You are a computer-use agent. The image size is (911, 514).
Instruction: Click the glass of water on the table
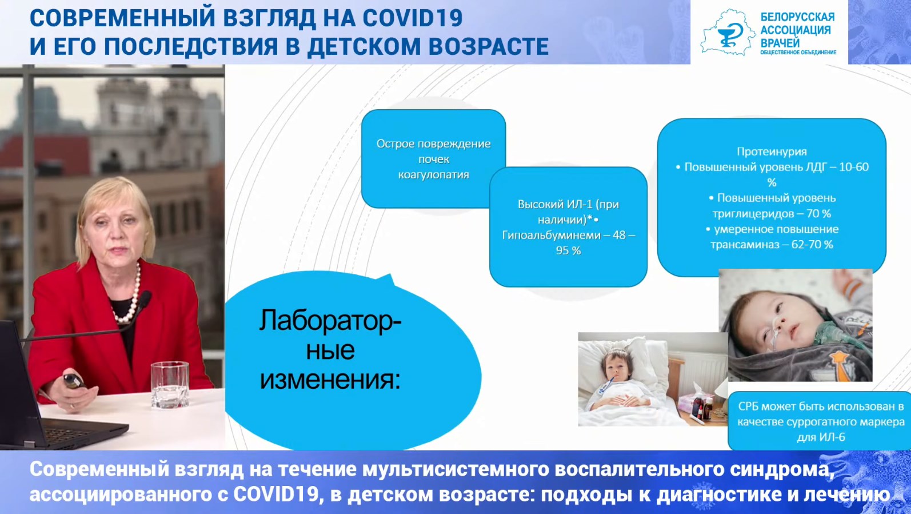pos(170,385)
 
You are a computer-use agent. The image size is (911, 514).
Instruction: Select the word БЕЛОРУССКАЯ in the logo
pos(797,17)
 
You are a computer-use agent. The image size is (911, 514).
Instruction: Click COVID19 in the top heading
pos(413,18)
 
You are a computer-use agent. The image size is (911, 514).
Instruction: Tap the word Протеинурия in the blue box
pos(772,152)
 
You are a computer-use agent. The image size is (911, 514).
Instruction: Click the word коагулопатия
pos(434,175)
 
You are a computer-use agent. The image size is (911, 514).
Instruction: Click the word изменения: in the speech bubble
pos(330,380)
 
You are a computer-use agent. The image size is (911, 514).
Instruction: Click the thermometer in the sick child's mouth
pos(605,385)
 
